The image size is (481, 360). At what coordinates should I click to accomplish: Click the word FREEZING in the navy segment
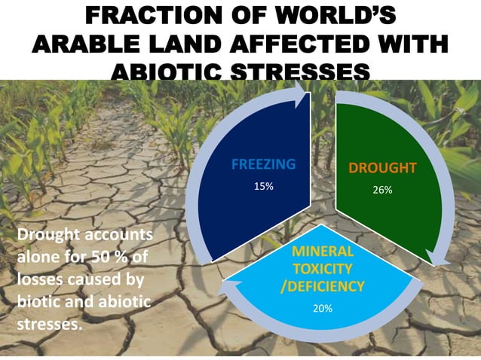(263, 163)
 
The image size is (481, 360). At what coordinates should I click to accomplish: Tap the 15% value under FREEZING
(262, 185)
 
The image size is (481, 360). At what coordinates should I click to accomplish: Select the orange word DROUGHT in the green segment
(382, 168)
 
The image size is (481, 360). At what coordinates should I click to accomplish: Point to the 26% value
(382, 190)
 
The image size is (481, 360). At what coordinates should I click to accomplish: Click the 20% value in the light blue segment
(323, 308)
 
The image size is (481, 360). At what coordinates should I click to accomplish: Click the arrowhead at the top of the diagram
(301, 95)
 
